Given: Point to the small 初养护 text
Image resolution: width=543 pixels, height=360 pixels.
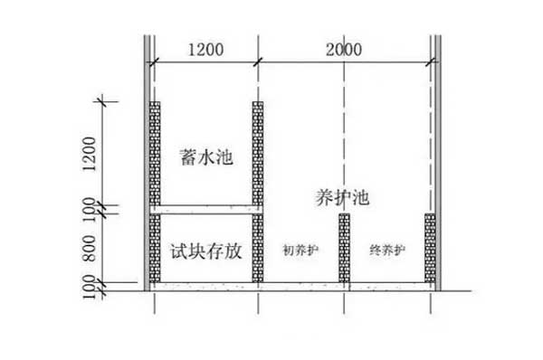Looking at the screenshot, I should point(300,252).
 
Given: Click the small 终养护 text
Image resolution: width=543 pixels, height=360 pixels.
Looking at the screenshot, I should point(386,252).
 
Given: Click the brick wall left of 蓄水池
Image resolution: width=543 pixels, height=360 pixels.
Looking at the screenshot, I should point(155,153).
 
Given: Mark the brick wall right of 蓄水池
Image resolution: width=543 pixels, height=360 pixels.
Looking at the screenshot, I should point(258,153).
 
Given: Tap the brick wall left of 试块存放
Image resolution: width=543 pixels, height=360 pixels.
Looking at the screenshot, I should point(155,248).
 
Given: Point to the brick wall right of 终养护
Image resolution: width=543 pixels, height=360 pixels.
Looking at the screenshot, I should point(430,248).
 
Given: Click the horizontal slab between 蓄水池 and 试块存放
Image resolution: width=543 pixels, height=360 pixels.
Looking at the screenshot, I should point(206,210).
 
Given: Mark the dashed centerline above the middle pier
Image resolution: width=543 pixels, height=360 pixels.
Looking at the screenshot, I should point(344,136).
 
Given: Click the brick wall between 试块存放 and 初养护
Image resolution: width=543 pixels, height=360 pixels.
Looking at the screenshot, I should point(258,248).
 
